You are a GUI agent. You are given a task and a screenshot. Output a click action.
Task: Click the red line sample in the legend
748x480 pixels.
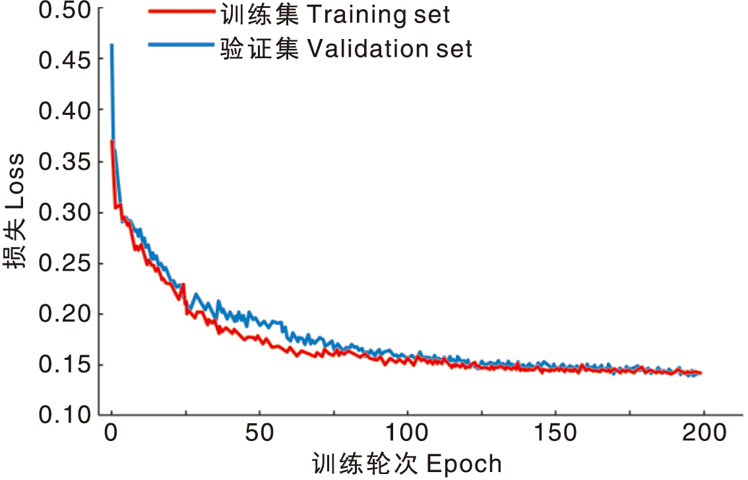[x=181, y=12]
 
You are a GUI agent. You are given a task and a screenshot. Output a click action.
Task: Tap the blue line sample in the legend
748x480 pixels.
[x=181, y=45]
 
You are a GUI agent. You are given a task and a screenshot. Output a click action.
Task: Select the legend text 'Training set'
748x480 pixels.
[x=378, y=15]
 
